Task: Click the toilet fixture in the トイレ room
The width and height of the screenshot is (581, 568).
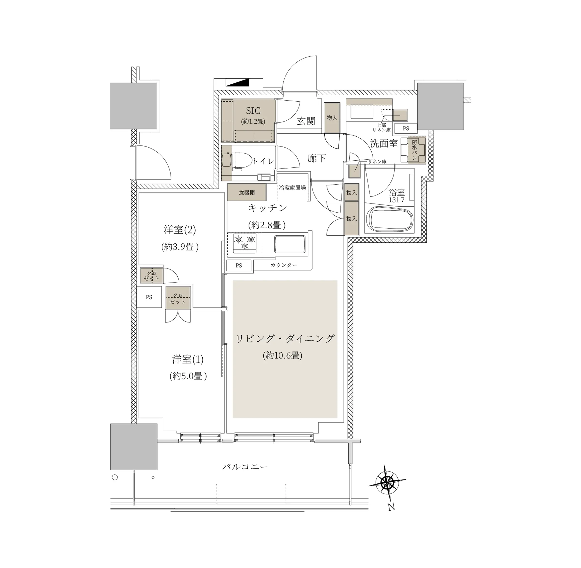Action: click(233, 161)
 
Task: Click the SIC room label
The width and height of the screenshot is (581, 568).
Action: click(253, 111)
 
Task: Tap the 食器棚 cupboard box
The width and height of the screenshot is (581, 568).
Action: click(247, 192)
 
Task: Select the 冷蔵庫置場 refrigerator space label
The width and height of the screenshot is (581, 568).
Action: click(292, 188)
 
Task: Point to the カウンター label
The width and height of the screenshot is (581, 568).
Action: click(284, 265)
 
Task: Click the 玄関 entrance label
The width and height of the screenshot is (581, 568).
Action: click(306, 121)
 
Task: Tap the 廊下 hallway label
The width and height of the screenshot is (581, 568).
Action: click(316, 158)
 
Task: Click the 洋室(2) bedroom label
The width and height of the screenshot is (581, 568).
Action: click(180, 230)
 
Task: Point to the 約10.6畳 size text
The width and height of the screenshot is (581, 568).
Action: click(283, 355)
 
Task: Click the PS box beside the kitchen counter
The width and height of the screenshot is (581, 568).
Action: click(238, 265)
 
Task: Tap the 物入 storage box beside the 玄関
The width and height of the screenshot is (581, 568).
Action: click(332, 118)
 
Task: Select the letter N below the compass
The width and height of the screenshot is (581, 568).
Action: click(391, 507)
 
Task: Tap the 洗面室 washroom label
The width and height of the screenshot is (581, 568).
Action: click(384, 143)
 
